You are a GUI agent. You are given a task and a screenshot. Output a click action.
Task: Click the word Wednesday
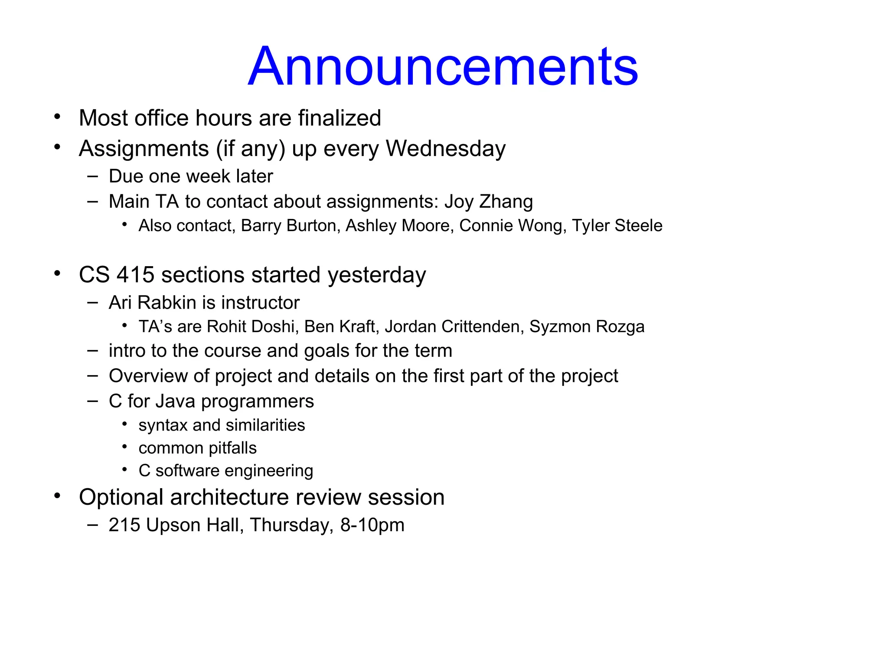tap(446, 149)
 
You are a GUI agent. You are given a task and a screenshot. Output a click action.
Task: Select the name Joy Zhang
tap(489, 202)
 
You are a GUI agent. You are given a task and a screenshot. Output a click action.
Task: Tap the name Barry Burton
tap(289, 226)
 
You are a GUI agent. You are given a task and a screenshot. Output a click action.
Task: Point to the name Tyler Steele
tap(617, 226)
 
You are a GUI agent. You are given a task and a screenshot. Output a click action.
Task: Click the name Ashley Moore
tap(397, 226)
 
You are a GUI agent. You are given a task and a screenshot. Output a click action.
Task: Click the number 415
tap(135, 275)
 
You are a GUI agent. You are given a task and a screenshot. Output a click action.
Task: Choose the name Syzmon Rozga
tap(587, 326)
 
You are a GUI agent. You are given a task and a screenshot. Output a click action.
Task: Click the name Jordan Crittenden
tap(452, 326)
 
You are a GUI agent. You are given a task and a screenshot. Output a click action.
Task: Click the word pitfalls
tap(233, 448)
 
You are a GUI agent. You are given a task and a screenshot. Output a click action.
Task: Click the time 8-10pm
tap(372, 525)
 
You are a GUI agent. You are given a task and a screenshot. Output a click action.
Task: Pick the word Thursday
tap(291, 525)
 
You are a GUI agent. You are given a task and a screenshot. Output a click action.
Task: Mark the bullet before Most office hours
tap(57, 117)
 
